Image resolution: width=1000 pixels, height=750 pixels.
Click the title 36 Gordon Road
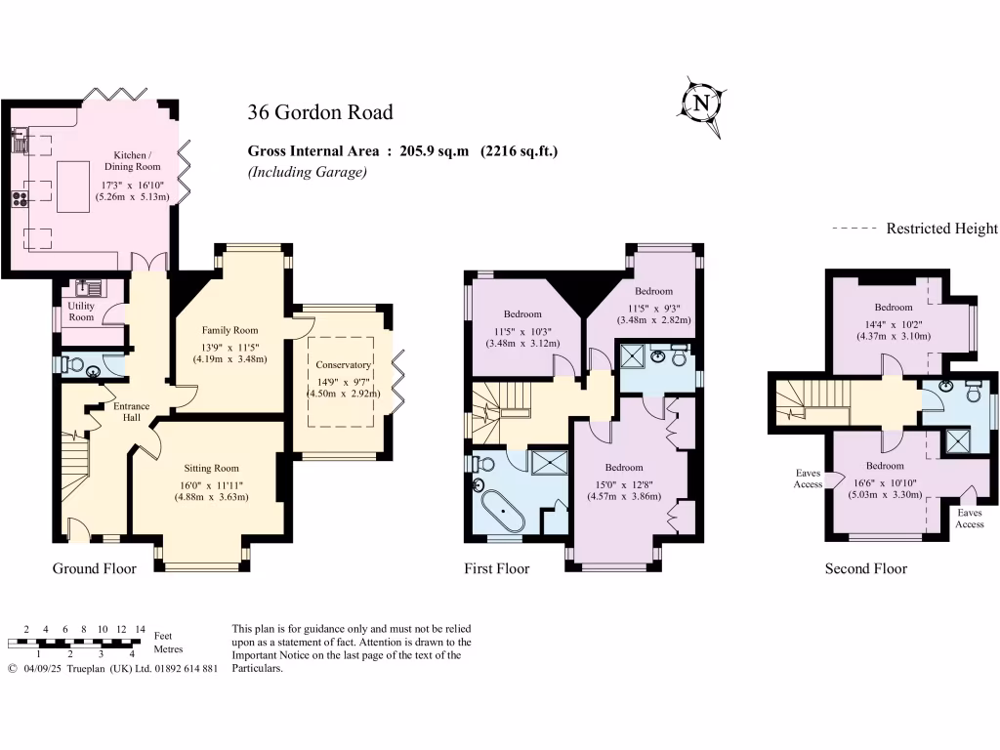pyautogui.click(x=319, y=112)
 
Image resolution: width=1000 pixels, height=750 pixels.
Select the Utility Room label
pyautogui.click(x=81, y=312)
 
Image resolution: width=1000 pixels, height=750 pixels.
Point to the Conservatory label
pyautogui.click(x=342, y=365)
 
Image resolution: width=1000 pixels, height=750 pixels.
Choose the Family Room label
pyautogui.click(x=229, y=330)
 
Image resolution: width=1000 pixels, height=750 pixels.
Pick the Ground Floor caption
pyautogui.click(x=94, y=568)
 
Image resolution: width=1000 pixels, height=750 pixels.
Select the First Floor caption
pyautogui.click(x=496, y=568)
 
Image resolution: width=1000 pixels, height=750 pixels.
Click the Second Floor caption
pyautogui.click(x=865, y=568)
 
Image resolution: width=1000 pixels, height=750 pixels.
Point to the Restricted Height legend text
pyautogui.click(x=941, y=229)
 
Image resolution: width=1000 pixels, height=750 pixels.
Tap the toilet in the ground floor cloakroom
pyautogui.click(x=71, y=365)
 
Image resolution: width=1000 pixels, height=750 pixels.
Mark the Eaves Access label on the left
pyautogui.click(x=808, y=479)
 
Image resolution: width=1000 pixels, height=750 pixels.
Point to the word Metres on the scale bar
pyautogui.click(x=169, y=649)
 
